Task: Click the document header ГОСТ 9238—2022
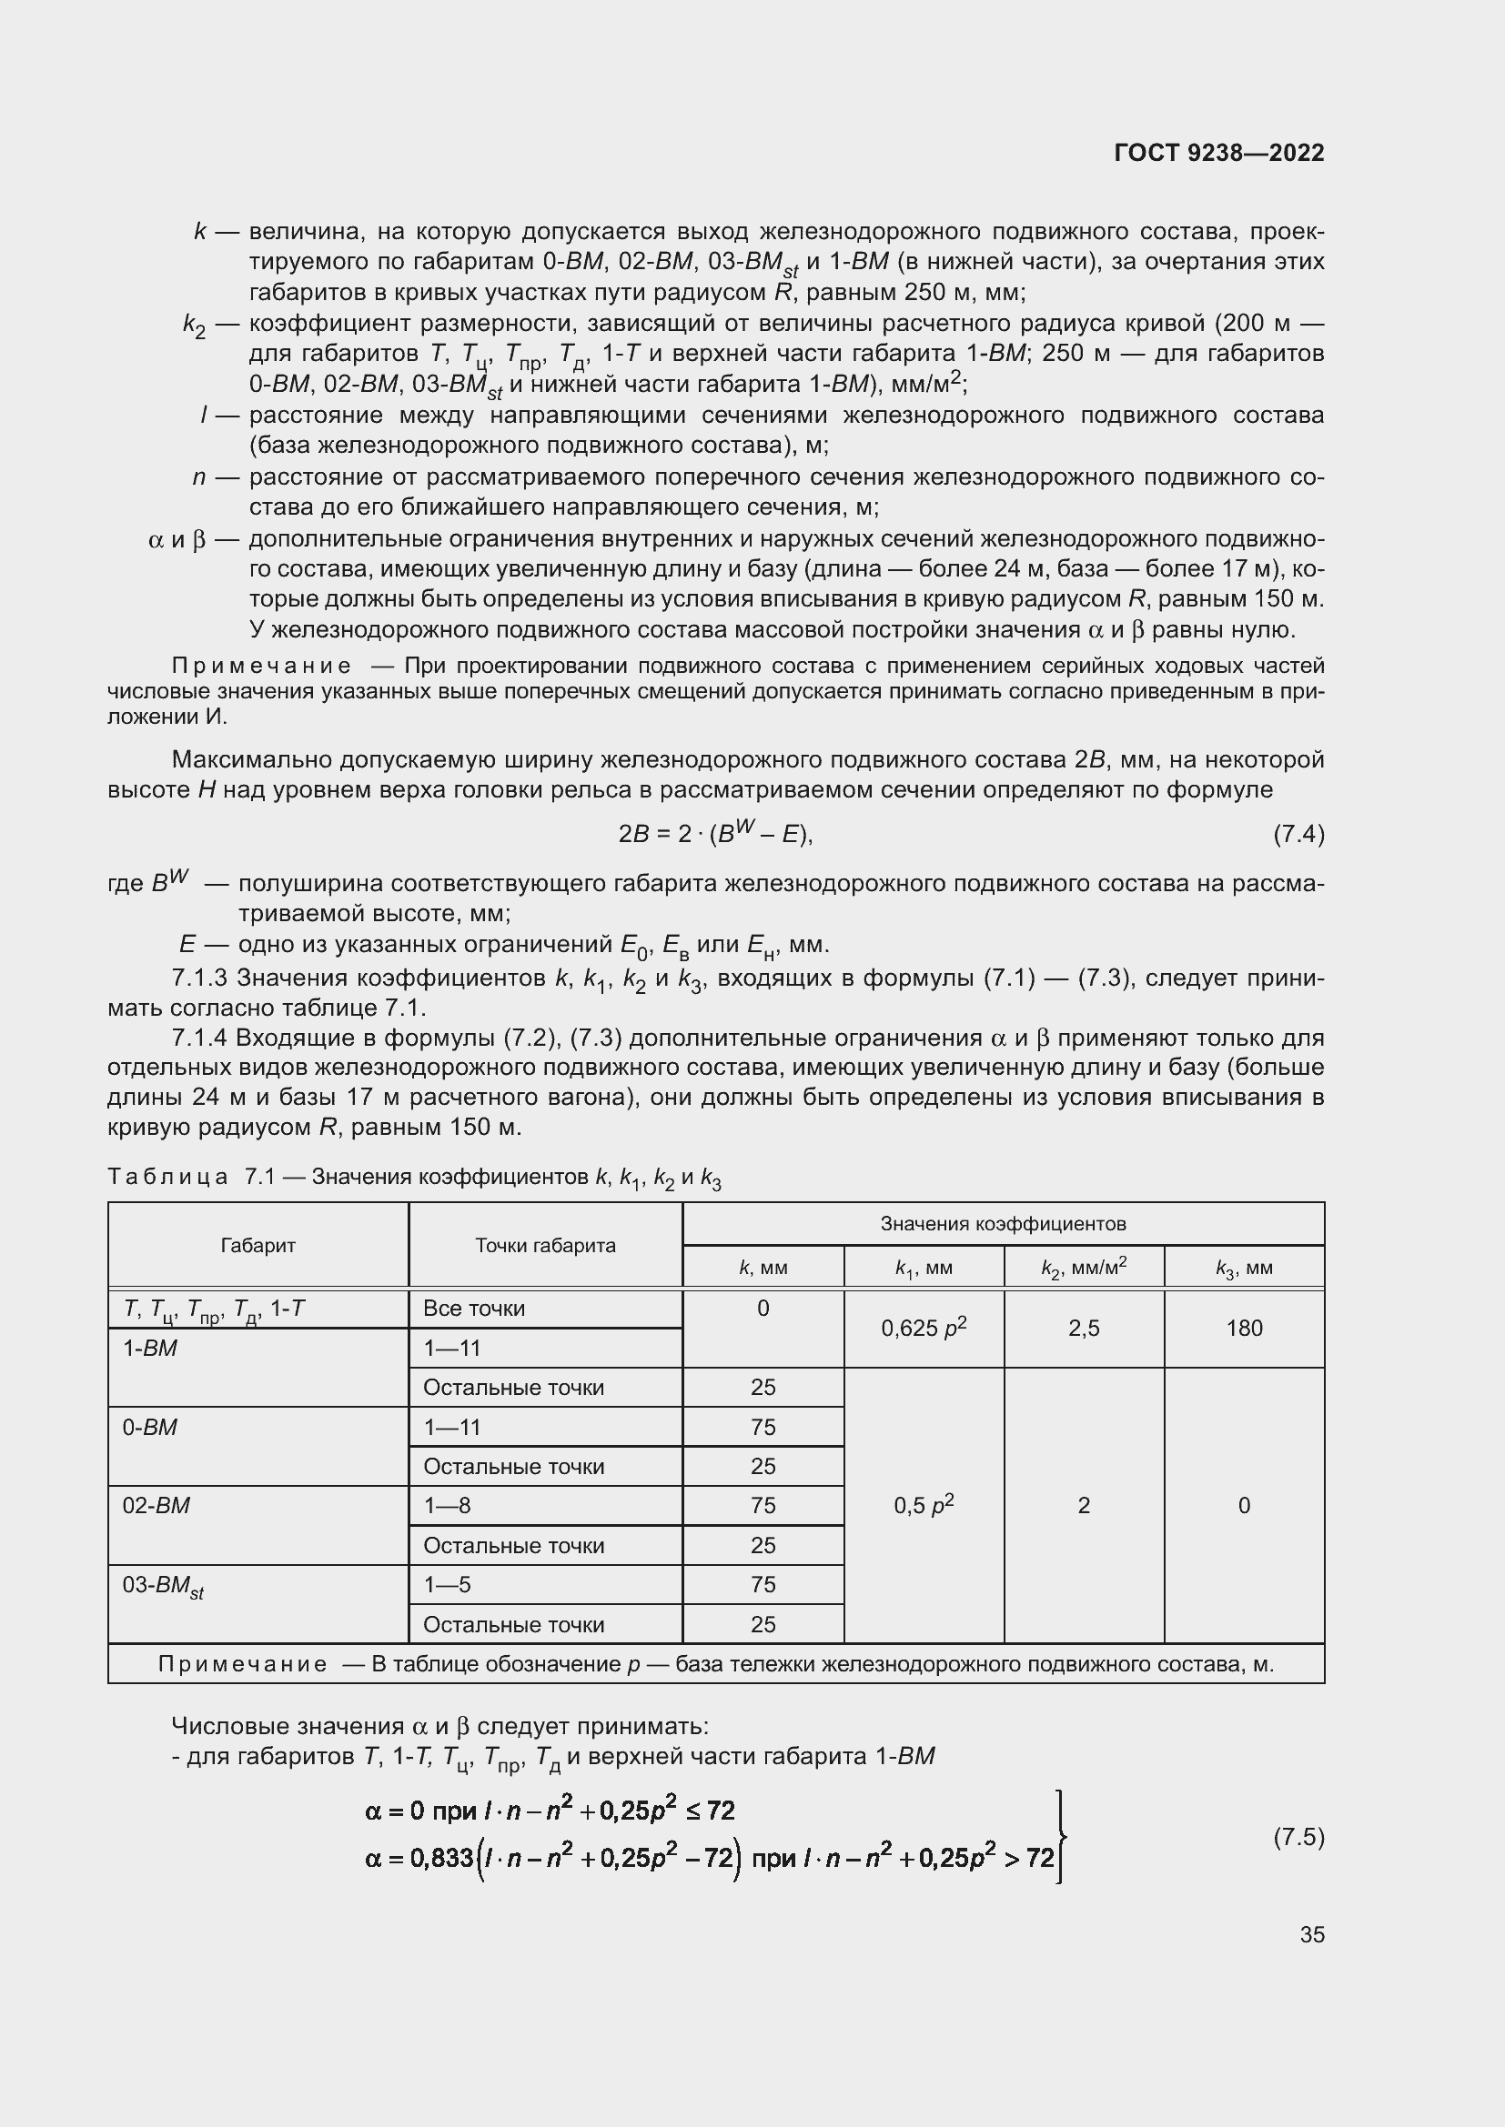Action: tap(1218, 153)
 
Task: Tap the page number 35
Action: tap(1311, 1934)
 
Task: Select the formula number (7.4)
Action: tap(1298, 835)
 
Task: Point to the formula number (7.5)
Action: tap(1298, 1837)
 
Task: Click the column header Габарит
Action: tap(258, 1245)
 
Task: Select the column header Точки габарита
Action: tap(545, 1245)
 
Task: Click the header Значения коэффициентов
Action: tap(1003, 1224)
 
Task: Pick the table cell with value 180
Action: tap(1244, 1329)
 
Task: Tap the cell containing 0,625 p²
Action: tap(923, 1329)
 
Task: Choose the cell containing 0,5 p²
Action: tap(923, 1505)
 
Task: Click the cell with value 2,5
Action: tap(1084, 1329)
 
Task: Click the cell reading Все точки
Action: tap(473, 1308)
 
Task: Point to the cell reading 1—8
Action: tap(447, 1505)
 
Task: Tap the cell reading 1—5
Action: tap(447, 1585)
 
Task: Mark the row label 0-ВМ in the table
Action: tap(149, 1427)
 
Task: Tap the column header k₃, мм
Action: tap(1244, 1269)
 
